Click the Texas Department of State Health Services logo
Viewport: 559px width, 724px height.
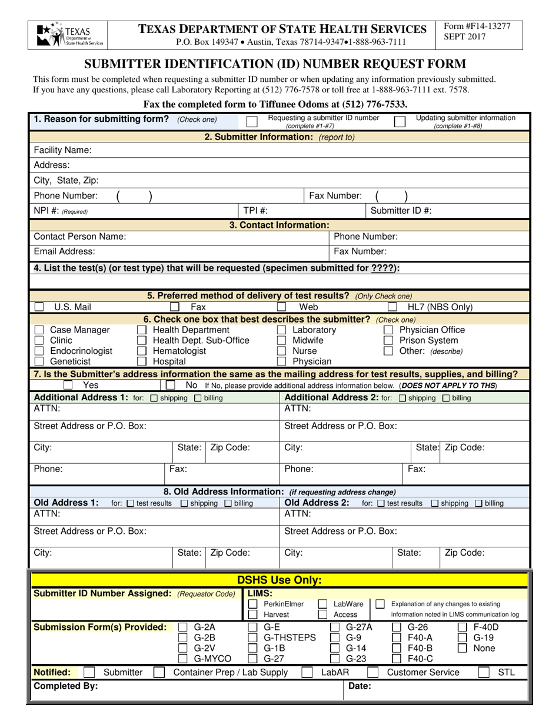point(69,35)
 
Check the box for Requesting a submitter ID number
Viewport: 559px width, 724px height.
point(252,122)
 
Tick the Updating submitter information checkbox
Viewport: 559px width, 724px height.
point(400,122)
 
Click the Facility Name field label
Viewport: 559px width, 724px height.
point(63,150)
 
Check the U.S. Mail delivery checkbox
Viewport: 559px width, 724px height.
point(39,307)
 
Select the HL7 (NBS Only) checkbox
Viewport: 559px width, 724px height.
point(392,307)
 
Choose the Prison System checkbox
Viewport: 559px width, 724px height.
point(388,340)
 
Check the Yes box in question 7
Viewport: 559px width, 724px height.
point(68,385)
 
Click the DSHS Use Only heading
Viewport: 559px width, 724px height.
point(279,580)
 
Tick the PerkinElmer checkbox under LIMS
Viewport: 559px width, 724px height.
point(252,604)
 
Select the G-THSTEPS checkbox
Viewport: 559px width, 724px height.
point(252,637)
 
